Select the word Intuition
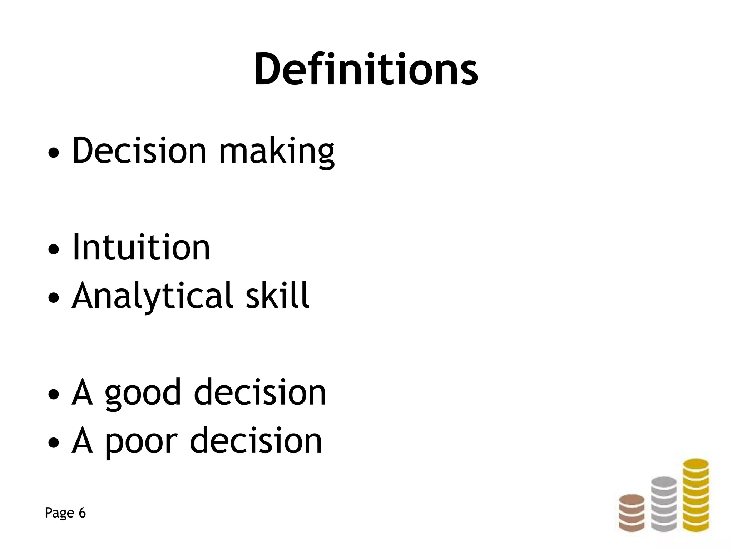(141, 247)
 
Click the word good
(143, 394)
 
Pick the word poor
(141, 442)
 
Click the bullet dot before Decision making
(53, 154)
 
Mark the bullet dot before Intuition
(53, 251)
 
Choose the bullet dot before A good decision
(53, 396)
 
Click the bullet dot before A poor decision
(53, 444)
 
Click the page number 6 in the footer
(82, 513)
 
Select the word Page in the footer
(59, 513)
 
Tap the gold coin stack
(696, 495)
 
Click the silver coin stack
(664, 504)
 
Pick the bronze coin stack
(632, 513)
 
